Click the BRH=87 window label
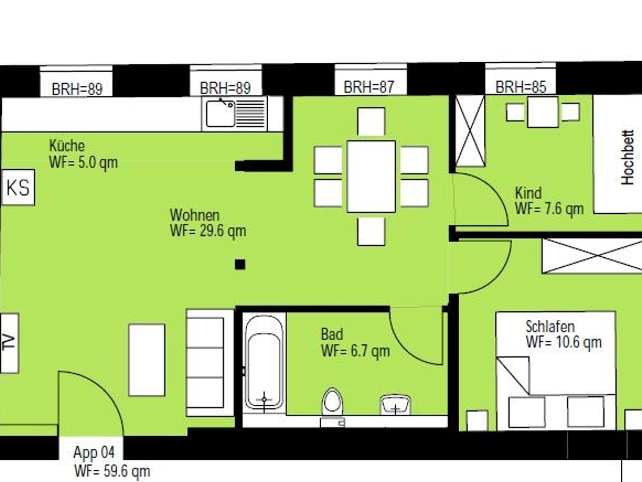369,87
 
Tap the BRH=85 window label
521,87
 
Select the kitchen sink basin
220,113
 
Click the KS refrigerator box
18,187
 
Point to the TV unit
9,343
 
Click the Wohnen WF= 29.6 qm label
208,223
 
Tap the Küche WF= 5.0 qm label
83,154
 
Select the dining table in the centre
371,177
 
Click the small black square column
240,265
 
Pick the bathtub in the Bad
264,363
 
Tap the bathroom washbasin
395,405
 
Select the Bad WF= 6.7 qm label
355,343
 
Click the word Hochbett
628,157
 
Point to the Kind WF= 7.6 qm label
549,201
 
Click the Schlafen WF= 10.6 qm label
564,334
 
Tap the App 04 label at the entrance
94,452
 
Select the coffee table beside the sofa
147,360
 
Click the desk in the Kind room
543,112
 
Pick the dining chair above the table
371,122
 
